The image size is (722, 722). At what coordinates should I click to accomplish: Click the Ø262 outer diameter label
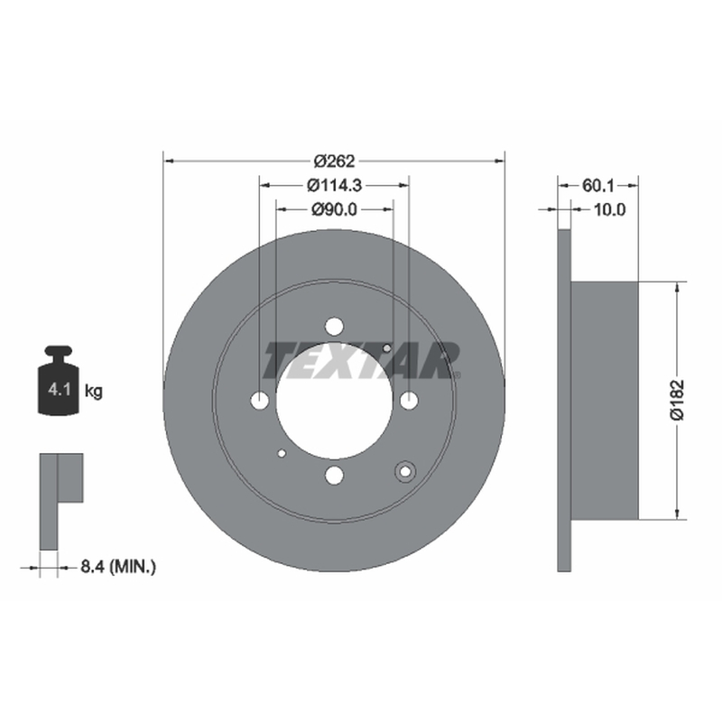334,162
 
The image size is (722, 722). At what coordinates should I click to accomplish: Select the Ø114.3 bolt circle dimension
334,186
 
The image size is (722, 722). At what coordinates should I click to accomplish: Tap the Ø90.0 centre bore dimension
334,209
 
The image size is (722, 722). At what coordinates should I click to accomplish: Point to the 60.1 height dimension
598,186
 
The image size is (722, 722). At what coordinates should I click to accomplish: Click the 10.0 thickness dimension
610,209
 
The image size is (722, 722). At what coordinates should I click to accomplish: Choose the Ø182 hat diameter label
678,400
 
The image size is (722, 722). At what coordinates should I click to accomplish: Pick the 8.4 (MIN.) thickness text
118,567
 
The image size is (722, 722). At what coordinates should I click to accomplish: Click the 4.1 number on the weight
60,390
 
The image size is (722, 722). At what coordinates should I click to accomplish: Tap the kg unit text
94,392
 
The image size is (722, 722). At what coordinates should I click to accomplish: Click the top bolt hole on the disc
334,327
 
